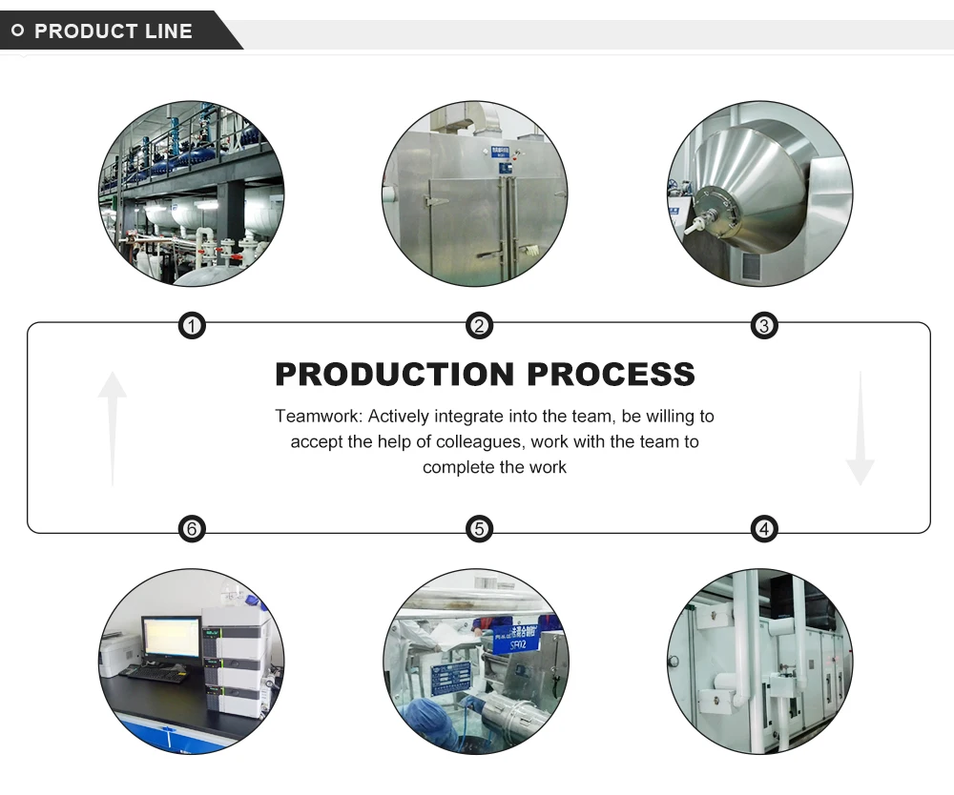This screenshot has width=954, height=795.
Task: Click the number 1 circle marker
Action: click(x=193, y=327)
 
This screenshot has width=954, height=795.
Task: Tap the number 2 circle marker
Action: click(x=479, y=327)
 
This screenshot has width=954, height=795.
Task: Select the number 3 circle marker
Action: click(x=764, y=327)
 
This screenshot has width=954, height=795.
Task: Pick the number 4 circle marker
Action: click(x=764, y=528)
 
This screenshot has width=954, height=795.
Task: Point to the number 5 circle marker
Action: click(x=479, y=528)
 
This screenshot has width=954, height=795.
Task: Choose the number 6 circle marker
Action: click(x=193, y=528)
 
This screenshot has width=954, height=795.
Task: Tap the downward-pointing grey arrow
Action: click(x=860, y=429)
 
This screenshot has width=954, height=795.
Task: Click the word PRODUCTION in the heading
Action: click(x=396, y=374)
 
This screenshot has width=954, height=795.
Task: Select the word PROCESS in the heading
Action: click(x=612, y=374)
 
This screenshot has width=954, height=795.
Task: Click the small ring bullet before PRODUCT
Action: click(x=17, y=31)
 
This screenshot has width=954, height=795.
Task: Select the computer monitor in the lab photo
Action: click(x=170, y=638)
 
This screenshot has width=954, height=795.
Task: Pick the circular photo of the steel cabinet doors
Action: click(x=474, y=194)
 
